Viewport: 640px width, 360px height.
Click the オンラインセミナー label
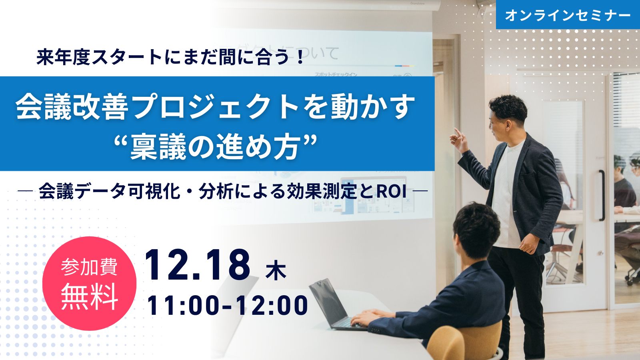568,15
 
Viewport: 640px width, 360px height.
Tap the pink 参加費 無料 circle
89,284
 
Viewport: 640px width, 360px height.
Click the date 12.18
197,265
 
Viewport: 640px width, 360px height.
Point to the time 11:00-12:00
228,306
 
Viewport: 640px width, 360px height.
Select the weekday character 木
276,270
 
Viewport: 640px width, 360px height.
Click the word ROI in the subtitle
391,192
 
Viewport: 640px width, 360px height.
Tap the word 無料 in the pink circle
89,297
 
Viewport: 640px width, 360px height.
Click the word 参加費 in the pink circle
89,267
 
